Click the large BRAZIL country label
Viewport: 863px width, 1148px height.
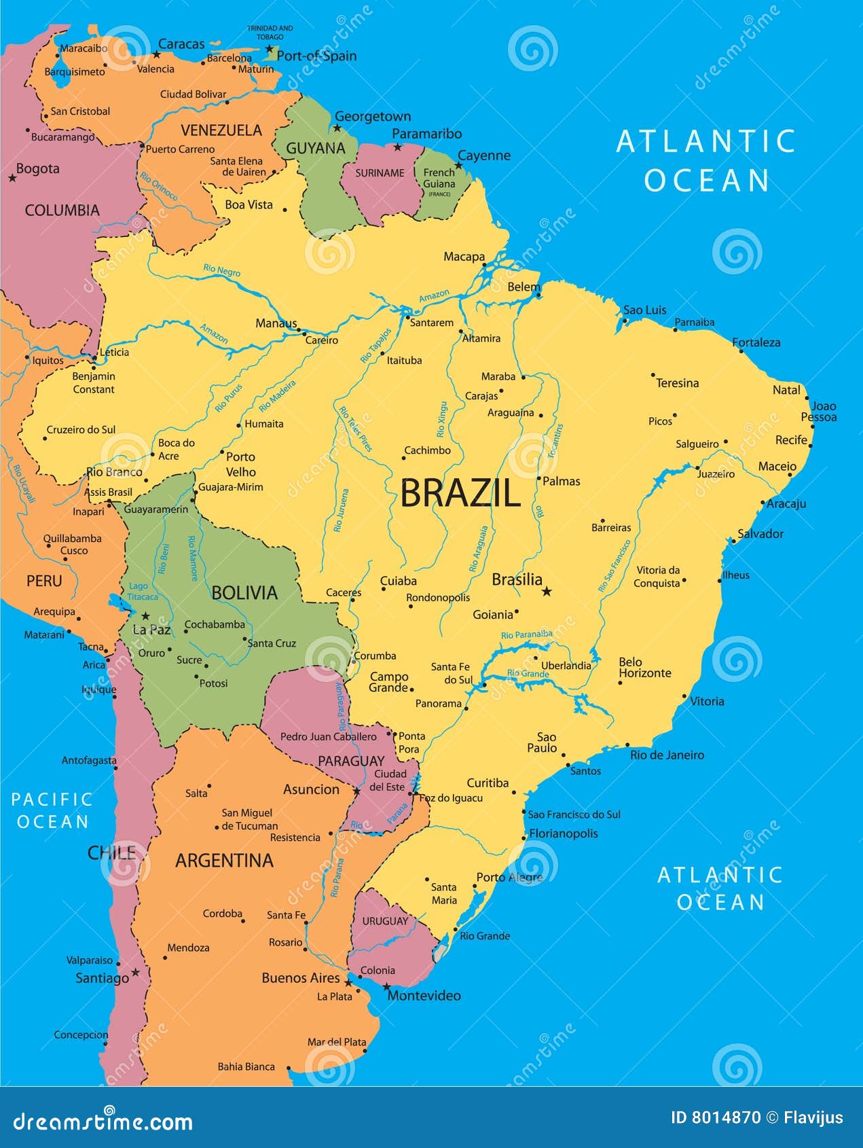(460, 492)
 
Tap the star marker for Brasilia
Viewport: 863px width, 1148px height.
(547, 592)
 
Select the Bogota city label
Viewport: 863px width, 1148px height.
(37, 168)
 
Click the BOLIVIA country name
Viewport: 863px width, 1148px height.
(244, 592)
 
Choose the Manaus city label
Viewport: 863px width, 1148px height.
(276, 323)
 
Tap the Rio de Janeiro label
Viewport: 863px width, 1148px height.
(667, 755)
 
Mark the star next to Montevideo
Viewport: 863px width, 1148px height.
(386, 986)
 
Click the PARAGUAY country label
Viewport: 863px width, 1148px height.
(351, 761)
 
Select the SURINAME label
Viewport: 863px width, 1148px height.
(380, 173)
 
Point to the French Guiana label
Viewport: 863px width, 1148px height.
(439, 179)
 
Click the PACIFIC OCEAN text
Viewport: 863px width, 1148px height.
(52, 810)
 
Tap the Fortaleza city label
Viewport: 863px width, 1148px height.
(756, 342)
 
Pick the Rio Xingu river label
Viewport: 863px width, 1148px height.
(442, 419)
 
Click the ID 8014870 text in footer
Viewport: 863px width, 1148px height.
(715, 1117)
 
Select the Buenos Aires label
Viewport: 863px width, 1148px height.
(300, 977)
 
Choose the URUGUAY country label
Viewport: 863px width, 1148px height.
(385, 921)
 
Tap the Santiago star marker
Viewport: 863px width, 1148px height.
(135, 972)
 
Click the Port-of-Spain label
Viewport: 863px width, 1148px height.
(316, 56)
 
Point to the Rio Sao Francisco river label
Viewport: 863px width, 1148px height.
(614, 565)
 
